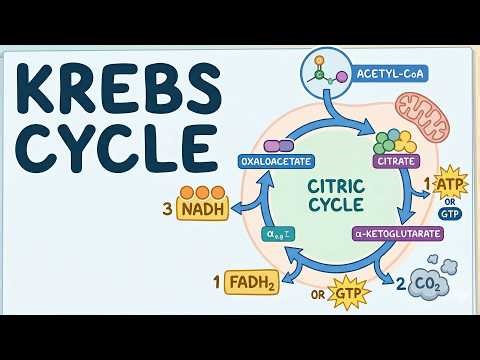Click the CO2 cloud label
pyautogui.click(x=429, y=286)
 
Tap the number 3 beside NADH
pyautogui.click(x=167, y=210)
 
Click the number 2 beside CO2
pyautogui.click(x=400, y=285)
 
